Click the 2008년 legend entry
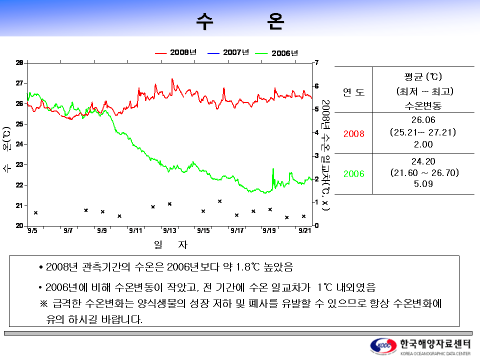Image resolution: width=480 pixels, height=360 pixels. click(x=176, y=52)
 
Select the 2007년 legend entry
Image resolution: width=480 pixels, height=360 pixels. click(x=229, y=52)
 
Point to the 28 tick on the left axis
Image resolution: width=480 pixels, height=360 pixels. click(x=19, y=63)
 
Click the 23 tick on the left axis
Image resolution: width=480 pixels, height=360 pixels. click(x=19, y=164)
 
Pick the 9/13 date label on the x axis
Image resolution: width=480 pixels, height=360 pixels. click(x=169, y=230)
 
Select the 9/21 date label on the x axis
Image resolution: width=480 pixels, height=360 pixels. click(x=304, y=230)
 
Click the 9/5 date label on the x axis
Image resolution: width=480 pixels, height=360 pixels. click(x=33, y=230)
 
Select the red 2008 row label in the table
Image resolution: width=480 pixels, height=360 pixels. click(x=353, y=133)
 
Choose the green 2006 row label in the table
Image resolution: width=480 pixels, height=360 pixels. click(x=353, y=174)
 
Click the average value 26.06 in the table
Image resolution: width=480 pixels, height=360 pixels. click(x=423, y=120)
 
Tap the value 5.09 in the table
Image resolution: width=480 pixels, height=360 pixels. click(x=423, y=184)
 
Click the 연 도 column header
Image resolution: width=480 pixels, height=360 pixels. click(x=353, y=92)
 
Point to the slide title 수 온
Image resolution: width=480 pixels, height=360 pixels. click(x=240, y=21)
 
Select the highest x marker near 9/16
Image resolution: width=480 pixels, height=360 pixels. click(x=220, y=201)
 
